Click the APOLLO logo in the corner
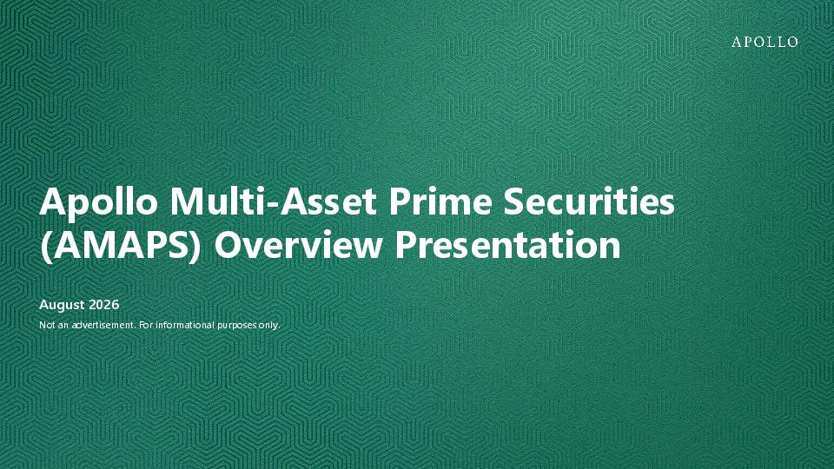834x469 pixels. pyautogui.click(x=764, y=42)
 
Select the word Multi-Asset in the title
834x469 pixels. pyautogui.click(x=274, y=201)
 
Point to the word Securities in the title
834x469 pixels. pyautogui.click(x=589, y=201)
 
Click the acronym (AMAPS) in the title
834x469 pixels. pyautogui.click(x=121, y=245)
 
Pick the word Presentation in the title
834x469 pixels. pyautogui.click(x=507, y=245)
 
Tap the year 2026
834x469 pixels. pyautogui.click(x=104, y=305)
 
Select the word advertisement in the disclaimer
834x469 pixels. pyautogui.click(x=103, y=325)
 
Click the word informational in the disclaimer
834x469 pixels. pyautogui.click(x=185, y=325)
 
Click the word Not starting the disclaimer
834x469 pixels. pyautogui.click(x=46, y=325)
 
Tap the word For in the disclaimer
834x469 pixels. pyautogui.click(x=146, y=325)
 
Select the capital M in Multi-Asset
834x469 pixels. pyautogui.click(x=187, y=201)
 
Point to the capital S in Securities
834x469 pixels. pyautogui.click(x=513, y=201)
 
